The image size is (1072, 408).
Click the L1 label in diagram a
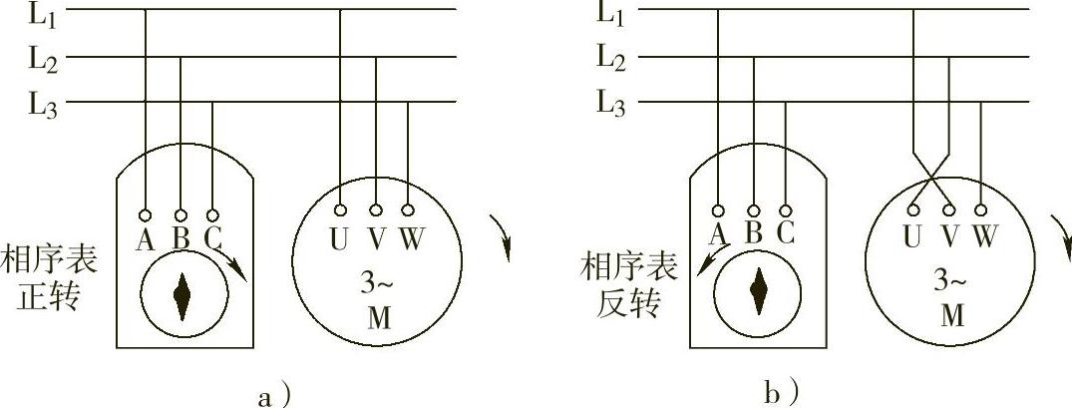point(43,17)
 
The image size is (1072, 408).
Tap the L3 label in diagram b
point(611,102)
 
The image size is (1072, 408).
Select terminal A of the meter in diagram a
point(146,214)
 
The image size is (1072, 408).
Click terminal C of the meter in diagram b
point(786,211)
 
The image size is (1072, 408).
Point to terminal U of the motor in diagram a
point(341,210)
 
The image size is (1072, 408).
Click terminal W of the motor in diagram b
point(982,209)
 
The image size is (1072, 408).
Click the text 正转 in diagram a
point(49,298)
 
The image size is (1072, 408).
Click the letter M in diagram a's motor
point(377,316)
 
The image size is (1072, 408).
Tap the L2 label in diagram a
point(43,59)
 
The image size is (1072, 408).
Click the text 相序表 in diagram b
point(629,264)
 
